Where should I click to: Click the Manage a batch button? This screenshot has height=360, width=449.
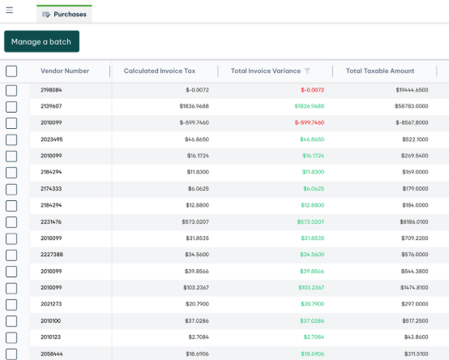tap(41, 41)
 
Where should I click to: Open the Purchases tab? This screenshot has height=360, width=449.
tap(64, 14)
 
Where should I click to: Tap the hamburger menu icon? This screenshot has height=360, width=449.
tap(10, 11)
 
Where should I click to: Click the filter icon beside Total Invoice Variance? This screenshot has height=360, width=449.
tap(307, 71)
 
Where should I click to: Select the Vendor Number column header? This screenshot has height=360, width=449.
tap(65, 71)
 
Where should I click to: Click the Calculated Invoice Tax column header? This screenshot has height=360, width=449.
tap(160, 71)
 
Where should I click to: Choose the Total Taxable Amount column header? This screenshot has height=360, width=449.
tap(380, 71)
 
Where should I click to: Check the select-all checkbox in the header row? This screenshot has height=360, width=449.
tap(11, 71)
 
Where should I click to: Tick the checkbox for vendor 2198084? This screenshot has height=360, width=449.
tap(11, 91)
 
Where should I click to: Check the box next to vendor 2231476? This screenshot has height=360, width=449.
tap(11, 222)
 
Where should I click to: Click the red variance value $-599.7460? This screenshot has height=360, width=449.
tap(310, 122)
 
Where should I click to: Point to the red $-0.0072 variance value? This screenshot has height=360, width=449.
tap(312, 90)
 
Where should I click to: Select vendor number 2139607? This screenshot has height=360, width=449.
tap(51, 106)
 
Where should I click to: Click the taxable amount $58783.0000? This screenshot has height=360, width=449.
tap(412, 106)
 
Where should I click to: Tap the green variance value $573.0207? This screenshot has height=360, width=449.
tap(310, 222)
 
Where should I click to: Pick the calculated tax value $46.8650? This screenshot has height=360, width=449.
tap(197, 139)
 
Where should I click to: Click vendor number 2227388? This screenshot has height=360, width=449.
tap(52, 255)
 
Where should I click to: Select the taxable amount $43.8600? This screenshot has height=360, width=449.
tap(416, 337)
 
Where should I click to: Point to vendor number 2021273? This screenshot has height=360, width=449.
tap(51, 304)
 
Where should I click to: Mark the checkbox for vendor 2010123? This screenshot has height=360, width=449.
tap(11, 337)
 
